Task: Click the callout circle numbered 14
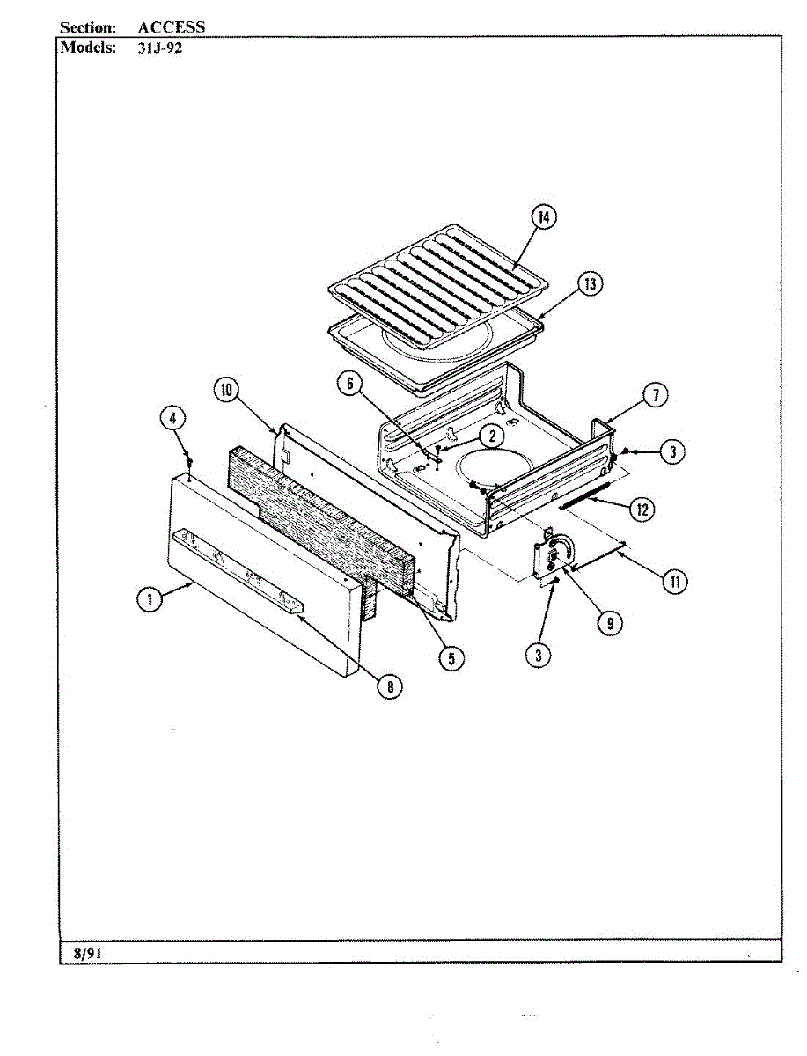pyautogui.click(x=546, y=217)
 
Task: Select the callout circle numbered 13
pyautogui.click(x=590, y=284)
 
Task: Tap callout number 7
pyautogui.click(x=655, y=395)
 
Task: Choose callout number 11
pyautogui.click(x=675, y=581)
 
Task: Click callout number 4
pyautogui.click(x=174, y=418)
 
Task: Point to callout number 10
pyautogui.click(x=225, y=390)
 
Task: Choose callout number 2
pyautogui.click(x=492, y=435)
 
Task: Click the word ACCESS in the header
pyautogui.click(x=171, y=27)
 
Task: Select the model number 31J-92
pyautogui.click(x=159, y=48)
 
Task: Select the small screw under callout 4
pyautogui.click(x=188, y=461)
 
